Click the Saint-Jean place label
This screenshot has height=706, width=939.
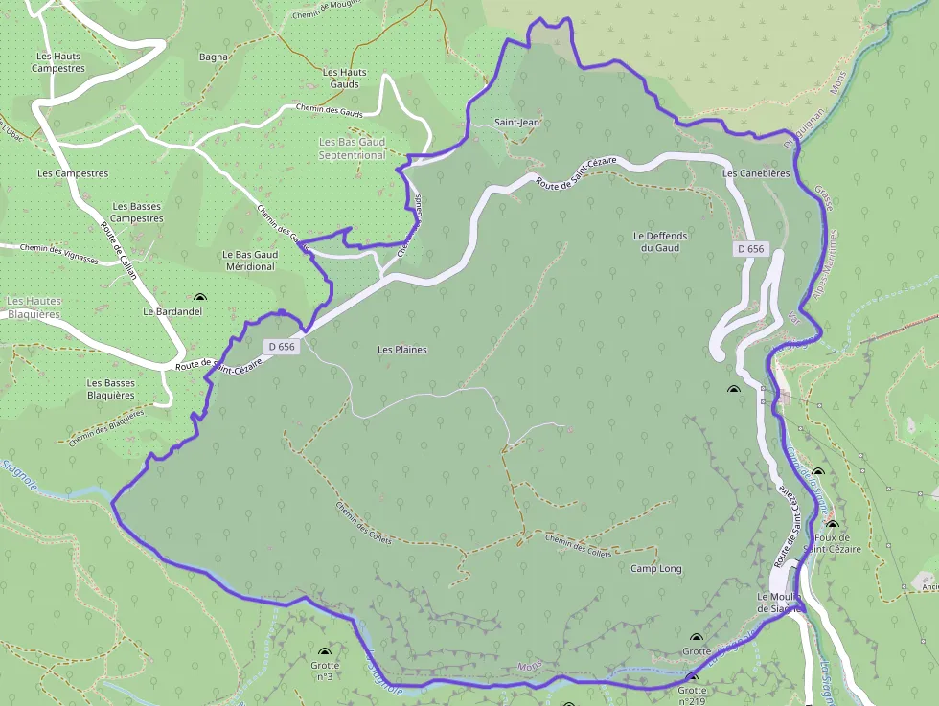pyautogui.click(x=517, y=123)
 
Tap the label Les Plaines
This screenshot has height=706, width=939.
pyautogui.click(x=402, y=350)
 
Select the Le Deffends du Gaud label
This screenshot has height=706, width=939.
pyautogui.click(x=661, y=241)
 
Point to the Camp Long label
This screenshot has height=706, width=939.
pyautogui.click(x=656, y=569)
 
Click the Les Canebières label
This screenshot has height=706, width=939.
pyautogui.click(x=756, y=173)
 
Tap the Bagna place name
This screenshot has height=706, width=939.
pyautogui.click(x=214, y=57)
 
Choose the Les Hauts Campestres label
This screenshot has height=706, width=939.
pyautogui.click(x=58, y=62)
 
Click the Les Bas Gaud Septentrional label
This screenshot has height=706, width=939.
pyautogui.click(x=352, y=148)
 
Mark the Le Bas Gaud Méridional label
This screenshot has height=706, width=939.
pyautogui.click(x=248, y=261)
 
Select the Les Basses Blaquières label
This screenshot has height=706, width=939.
pyautogui.click(x=111, y=389)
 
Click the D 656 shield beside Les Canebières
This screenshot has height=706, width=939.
pyautogui.click(x=751, y=249)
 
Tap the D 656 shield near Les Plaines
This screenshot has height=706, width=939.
pyautogui.click(x=282, y=347)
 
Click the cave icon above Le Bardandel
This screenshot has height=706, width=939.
pyautogui.click(x=199, y=298)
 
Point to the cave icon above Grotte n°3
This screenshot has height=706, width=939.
pyautogui.click(x=324, y=650)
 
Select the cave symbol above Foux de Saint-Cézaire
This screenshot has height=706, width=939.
pyautogui.click(x=832, y=525)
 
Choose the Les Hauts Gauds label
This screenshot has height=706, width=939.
pyautogui.click(x=345, y=79)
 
